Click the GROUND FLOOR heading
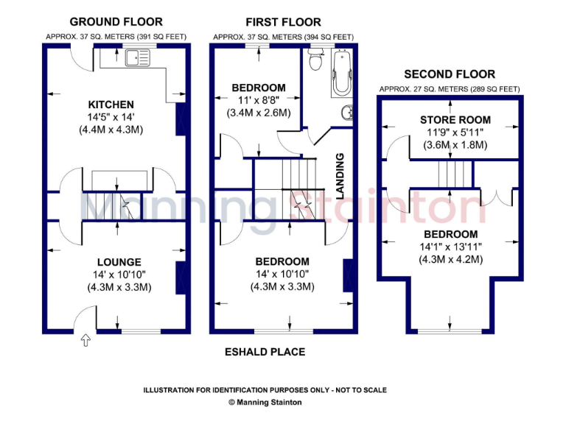coord(116,21)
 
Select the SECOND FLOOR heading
coord(449,74)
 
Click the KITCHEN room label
coord(111,105)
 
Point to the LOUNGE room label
coord(119,262)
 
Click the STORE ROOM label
coord(455,120)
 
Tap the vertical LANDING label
coord(340,176)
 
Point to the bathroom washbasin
coord(346,113)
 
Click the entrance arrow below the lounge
coord(85,340)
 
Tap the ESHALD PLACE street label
coord(265,352)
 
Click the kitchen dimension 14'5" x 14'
coord(111,117)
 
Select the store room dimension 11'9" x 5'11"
coord(455,132)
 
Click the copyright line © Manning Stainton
coord(265,403)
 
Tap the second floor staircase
coord(454,176)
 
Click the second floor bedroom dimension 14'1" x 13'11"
coord(450,247)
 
